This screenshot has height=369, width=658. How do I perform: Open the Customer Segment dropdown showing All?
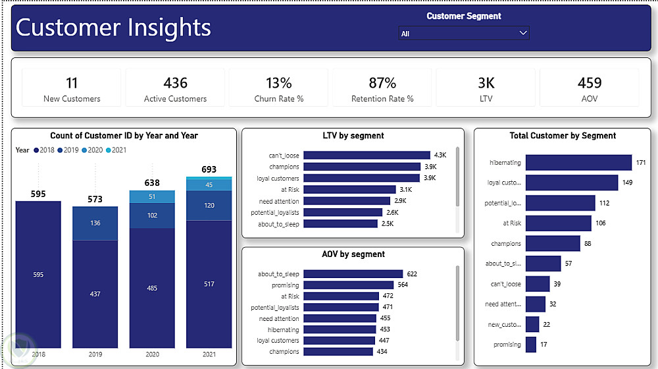463,33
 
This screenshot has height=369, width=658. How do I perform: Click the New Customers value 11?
72,83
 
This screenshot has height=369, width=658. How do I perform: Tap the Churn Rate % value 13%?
279,83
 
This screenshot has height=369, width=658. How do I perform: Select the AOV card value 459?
590,83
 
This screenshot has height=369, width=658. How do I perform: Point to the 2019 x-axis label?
95,354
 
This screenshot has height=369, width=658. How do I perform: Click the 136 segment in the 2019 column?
95,223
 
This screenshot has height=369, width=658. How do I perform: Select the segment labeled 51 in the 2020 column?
152,196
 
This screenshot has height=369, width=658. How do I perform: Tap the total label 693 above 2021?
209,169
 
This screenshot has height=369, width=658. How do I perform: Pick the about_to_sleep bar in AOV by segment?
353,274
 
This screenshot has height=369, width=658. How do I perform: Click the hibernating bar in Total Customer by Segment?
578,163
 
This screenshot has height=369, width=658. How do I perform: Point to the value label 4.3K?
440,156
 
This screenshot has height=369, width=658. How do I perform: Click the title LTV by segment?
353,136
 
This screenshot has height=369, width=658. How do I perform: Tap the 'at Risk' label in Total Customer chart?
512,223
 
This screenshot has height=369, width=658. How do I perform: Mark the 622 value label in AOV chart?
412,274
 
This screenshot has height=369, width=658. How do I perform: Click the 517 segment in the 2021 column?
209,284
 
